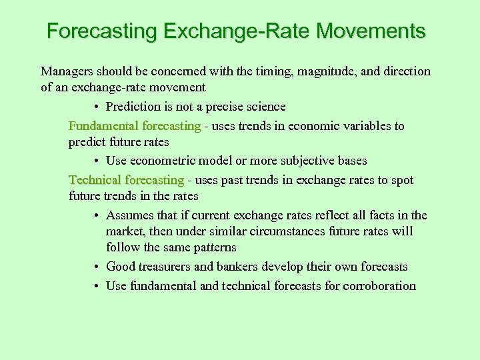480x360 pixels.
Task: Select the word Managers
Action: pyautogui.click(x=67, y=71)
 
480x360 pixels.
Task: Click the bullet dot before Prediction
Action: pyautogui.click(x=97, y=107)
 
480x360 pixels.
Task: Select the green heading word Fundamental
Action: pyautogui.click(x=103, y=126)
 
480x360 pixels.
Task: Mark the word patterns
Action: pyautogui.click(x=213, y=247)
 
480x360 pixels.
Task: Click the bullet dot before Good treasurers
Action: pyautogui.click(x=97, y=267)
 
